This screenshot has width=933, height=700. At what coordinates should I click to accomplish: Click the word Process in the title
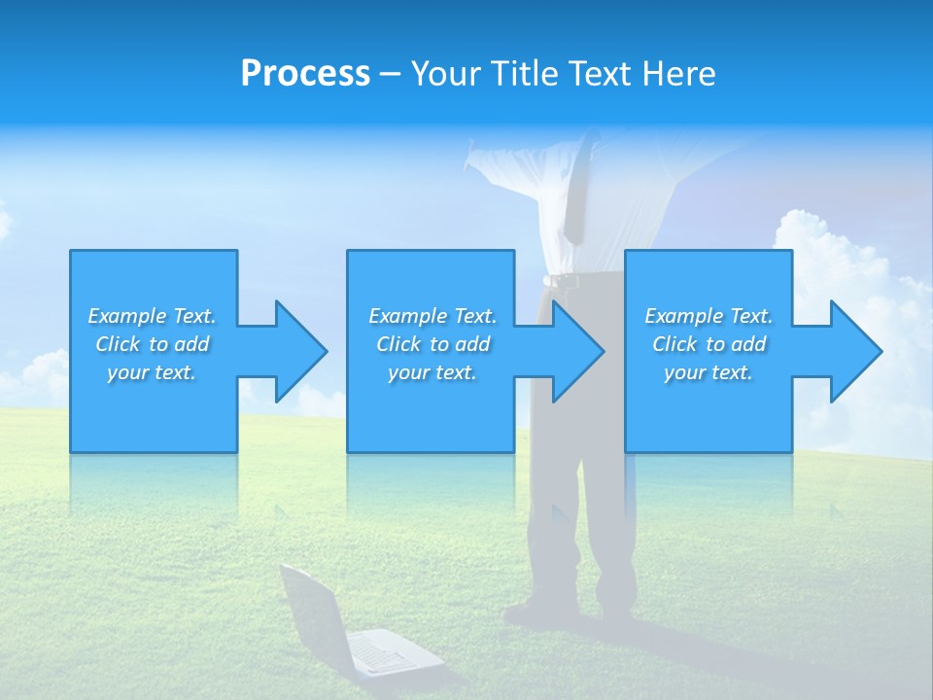pos(305,74)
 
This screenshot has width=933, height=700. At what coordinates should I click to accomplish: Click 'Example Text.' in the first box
pos(153,316)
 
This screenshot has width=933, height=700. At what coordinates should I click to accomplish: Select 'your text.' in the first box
pos(153,372)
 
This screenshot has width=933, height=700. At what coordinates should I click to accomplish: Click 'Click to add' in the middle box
pos(432,344)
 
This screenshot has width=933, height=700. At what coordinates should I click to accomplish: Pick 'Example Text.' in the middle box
pos(432,316)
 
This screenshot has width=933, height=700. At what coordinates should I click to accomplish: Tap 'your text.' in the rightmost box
pos(708,372)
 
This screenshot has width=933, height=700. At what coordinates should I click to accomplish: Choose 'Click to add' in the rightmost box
pos(708,344)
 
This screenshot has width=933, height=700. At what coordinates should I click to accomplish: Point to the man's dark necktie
pos(575,194)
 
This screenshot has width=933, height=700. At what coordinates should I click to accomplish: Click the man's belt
pos(573,281)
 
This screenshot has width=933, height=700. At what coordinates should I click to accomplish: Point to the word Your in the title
pos(444,74)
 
